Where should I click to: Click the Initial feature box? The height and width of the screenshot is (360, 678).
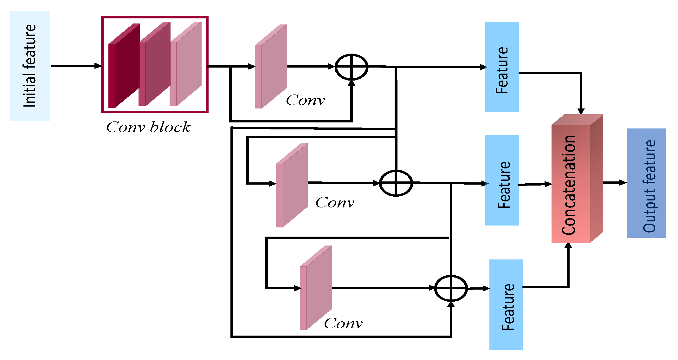click(x=29, y=66)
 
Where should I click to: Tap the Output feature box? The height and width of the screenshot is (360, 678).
click(x=646, y=183)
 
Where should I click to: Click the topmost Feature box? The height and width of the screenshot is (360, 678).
click(x=502, y=67)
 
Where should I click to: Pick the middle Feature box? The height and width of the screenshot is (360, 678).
click(x=502, y=180)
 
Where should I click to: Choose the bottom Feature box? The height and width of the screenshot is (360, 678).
click(x=506, y=304)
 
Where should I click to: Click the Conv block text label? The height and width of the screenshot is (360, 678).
click(x=148, y=127)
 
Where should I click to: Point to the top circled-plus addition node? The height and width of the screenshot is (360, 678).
click(x=351, y=67)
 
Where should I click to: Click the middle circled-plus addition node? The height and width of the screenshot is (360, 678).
click(x=396, y=183)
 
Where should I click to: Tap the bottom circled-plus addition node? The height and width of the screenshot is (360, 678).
click(x=450, y=288)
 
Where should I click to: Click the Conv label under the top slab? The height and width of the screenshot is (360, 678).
click(x=305, y=100)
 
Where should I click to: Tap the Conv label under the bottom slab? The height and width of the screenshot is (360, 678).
click(x=343, y=324)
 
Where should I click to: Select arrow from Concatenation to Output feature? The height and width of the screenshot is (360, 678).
click(x=614, y=183)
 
